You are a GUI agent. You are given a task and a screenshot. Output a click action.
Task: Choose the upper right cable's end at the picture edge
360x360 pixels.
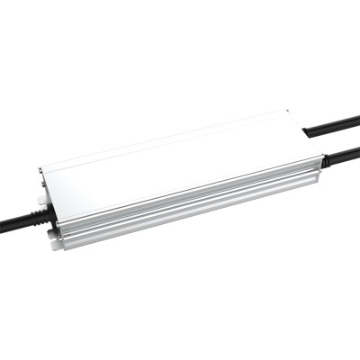pos(357,121)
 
